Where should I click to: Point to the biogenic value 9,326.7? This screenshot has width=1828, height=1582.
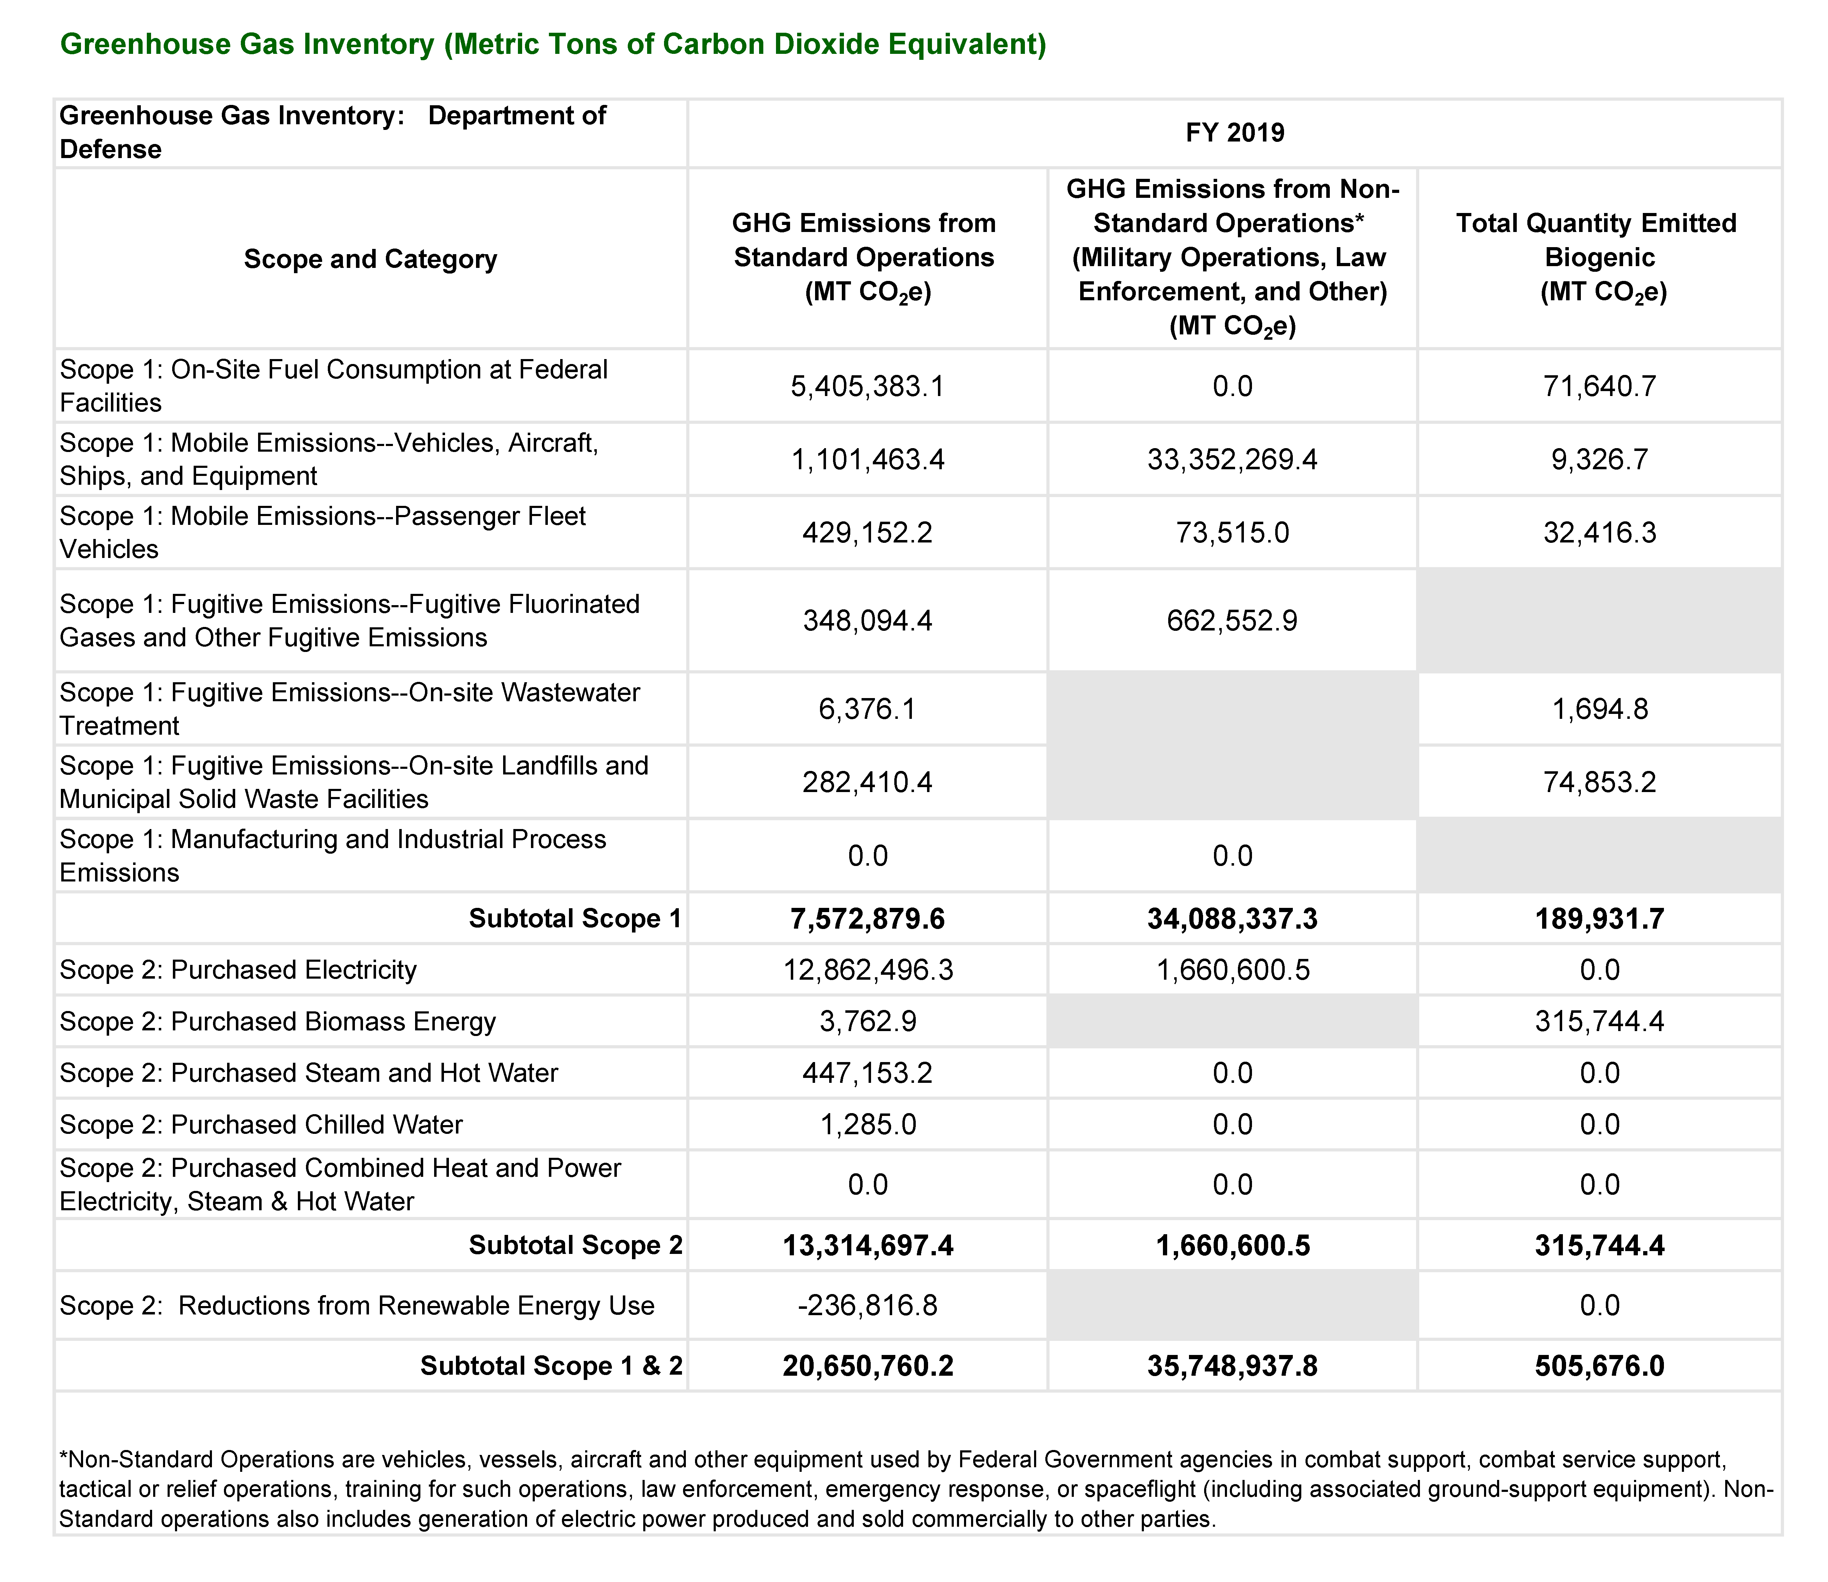(x=1599, y=459)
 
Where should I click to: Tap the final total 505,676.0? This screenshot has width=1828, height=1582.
(x=1599, y=1366)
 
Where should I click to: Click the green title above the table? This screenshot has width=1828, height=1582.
(x=553, y=44)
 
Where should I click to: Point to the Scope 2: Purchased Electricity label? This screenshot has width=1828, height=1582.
(x=238, y=970)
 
